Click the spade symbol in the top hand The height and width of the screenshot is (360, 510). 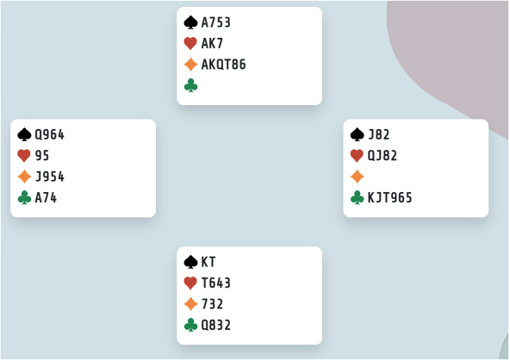tap(190, 22)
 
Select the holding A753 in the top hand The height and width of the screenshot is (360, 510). tap(216, 22)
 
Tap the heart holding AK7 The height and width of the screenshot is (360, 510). tap(212, 43)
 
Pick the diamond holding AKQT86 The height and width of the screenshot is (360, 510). tap(223, 65)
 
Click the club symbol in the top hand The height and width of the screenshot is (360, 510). tap(190, 85)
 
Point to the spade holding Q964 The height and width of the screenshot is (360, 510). tap(50, 134)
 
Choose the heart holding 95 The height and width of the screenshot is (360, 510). tap(42, 155)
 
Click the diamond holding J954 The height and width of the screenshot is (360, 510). tap(50, 177)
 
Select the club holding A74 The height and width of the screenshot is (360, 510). tap(46, 198)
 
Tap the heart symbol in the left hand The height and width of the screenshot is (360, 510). tap(24, 155)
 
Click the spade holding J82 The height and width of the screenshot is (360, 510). tap(378, 134)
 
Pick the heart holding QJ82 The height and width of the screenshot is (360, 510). tap(382, 155)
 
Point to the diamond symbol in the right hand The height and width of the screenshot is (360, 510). tap(358, 177)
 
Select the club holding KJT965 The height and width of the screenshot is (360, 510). tap(389, 198)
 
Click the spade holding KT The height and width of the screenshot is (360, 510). tap(208, 262)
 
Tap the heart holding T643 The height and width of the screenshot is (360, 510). tap(216, 283)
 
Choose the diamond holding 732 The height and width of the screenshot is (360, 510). tap(213, 304)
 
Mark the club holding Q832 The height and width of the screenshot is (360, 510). tap(216, 325)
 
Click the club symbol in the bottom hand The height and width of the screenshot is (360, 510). tap(190, 325)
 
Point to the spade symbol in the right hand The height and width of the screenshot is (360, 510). tap(358, 134)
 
